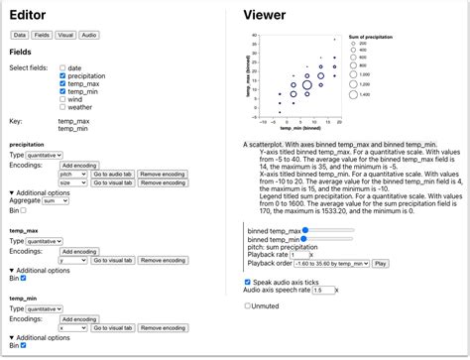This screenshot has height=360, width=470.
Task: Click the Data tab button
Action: [19, 35]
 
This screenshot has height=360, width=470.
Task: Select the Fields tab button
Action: [42, 35]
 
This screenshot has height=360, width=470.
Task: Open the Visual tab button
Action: [65, 35]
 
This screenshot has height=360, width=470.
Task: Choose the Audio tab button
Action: [89, 35]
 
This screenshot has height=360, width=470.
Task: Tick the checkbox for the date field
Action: [62, 68]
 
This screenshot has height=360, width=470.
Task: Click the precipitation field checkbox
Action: [62, 76]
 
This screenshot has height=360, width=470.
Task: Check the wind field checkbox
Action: [62, 100]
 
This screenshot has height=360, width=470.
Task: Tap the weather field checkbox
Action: [62, 108]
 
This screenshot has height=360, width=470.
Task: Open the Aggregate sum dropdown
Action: [56, 200]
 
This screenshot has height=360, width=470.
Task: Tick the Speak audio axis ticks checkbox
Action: [248, 282]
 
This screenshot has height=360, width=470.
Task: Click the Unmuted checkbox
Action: [248, 305]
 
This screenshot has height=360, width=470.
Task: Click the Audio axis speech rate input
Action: [323, 291]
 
